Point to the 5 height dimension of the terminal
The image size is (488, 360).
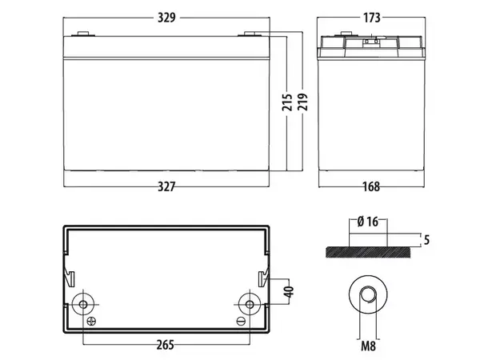(429, 238)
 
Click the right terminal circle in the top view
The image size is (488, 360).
(248, 304)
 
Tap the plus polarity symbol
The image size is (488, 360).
(90, 322)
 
